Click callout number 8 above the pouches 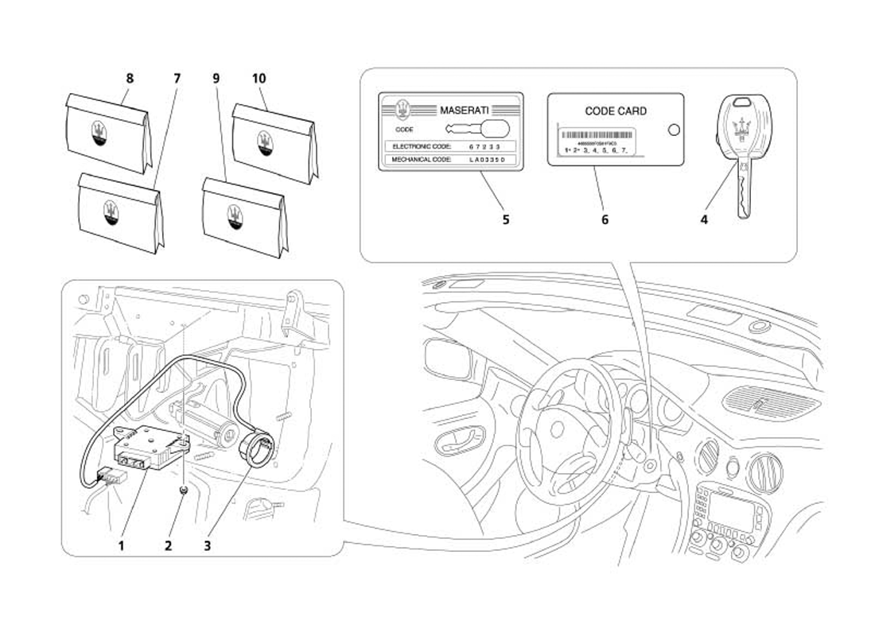click(x=130, y=79)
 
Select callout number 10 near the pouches click(x=259, y=79)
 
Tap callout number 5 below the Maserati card click(x=506, y=219)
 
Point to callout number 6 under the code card click(x=605, y=219)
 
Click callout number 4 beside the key click(x=704, y=219)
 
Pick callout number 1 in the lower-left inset click(x=122, y=545)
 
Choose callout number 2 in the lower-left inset click(x=169, y=545)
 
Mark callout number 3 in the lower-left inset click(x=208, y=545)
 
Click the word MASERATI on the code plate click(x=465, y=111)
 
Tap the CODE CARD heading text click(x=616, y=111)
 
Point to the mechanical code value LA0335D click(x=487, y=160)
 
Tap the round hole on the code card click(x=673, y=130)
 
